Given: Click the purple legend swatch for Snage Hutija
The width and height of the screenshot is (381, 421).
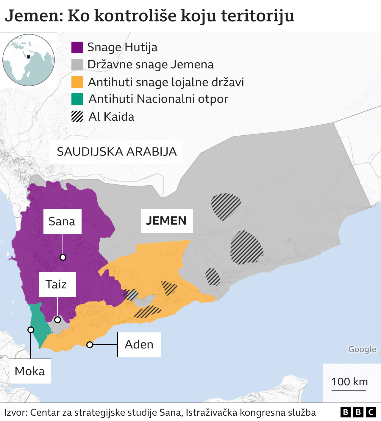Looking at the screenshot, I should point(77,47).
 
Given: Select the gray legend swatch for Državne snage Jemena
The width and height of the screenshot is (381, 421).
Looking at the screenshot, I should point(77,65).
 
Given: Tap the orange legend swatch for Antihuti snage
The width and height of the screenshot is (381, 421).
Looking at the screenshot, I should point(77,82).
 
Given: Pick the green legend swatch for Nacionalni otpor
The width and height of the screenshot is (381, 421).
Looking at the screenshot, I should point(77,99).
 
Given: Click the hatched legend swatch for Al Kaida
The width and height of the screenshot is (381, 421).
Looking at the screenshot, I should point(77,116).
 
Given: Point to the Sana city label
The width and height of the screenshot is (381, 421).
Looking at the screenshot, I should point(62,222).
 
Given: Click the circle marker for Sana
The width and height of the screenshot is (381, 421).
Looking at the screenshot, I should point(63,257).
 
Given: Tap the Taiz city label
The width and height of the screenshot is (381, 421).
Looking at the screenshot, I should point(56,285).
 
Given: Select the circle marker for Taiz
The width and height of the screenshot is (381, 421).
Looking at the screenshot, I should point(57,320).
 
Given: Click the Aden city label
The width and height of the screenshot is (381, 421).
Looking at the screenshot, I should point(139,345).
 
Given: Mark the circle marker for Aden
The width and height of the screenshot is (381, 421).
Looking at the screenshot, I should point(90,345).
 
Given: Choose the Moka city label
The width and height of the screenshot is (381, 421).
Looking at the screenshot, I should point(30,371).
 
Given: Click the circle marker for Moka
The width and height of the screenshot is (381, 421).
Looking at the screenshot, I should point(31,330).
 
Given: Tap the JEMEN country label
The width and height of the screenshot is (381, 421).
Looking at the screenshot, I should point(166,221).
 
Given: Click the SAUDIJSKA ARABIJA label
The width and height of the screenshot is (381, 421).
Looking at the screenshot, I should point(117,152).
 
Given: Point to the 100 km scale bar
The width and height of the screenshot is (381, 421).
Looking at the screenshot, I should point(349,390).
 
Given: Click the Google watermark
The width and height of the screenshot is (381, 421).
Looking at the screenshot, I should point(362,349).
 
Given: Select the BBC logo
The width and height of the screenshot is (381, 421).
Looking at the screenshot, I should point(358,412).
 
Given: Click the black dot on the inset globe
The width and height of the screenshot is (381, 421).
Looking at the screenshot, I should point(29,56).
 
